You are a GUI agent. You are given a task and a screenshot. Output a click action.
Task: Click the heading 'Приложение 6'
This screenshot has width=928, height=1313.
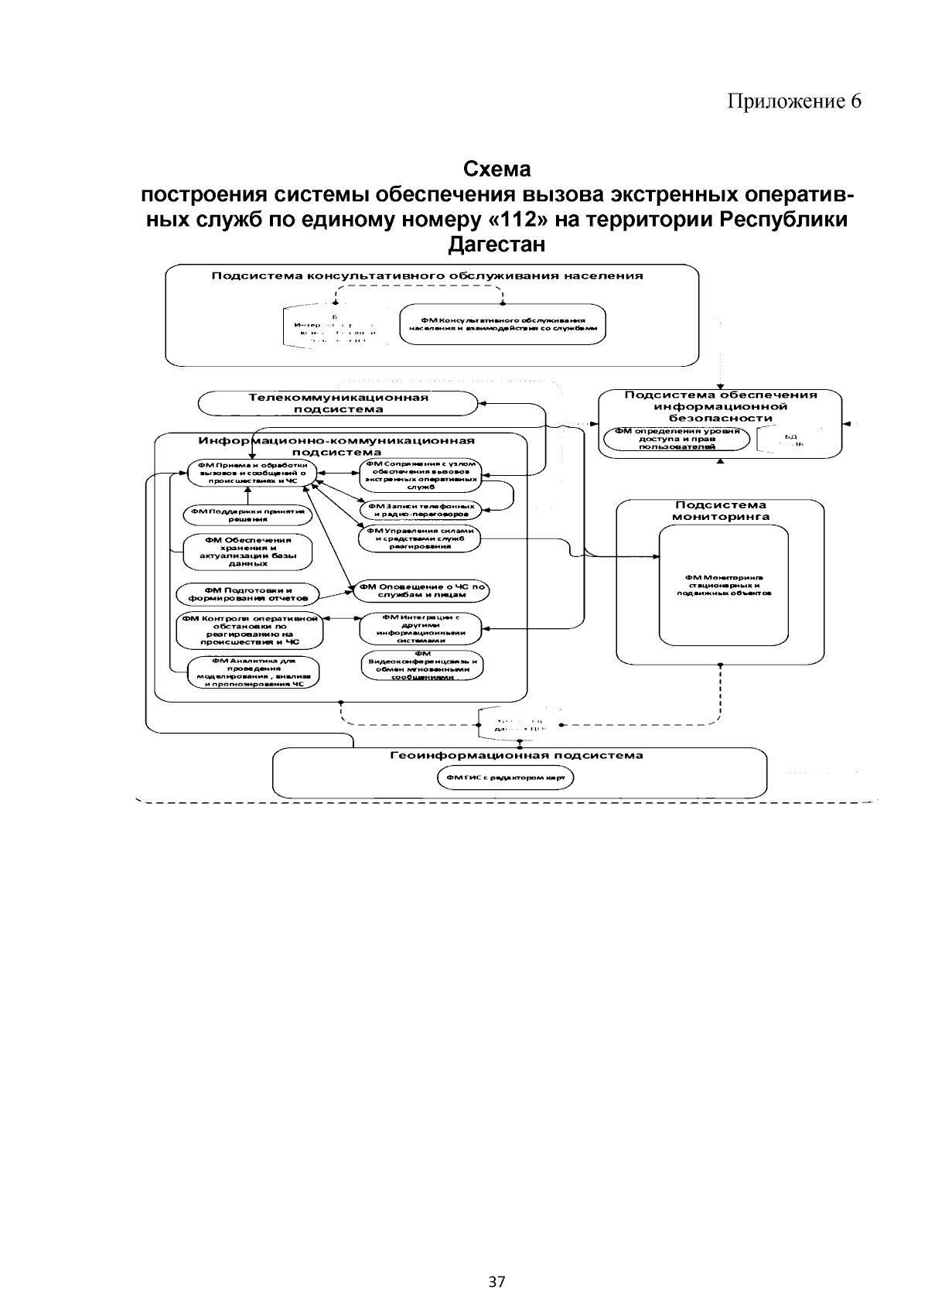coord(793,101)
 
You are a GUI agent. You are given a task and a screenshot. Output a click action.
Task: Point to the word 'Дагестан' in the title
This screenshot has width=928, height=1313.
coord(496,245)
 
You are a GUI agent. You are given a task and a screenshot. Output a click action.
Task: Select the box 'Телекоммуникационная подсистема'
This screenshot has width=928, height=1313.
coord(338,403)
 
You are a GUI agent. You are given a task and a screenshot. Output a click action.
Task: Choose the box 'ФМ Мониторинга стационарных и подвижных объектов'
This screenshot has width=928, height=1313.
coord(724,585)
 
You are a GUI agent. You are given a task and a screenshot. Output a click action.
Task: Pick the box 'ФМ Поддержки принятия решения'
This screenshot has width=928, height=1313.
coord(247,515)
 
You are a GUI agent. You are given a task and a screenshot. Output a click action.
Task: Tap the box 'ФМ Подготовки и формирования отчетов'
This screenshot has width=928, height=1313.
coord(247,594)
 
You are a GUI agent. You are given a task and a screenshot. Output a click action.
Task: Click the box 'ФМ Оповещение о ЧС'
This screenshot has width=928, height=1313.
coord(421,590)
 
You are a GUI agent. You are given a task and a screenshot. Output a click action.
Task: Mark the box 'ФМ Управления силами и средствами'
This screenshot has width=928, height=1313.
coord(419,538)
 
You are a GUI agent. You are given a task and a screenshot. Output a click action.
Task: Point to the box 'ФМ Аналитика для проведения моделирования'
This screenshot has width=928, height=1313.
coord(254,672)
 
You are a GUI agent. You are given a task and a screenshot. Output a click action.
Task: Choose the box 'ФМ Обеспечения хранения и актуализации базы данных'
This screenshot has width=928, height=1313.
coord(247,552)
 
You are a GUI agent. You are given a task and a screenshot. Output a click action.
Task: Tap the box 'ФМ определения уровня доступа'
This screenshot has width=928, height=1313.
coord(677,438)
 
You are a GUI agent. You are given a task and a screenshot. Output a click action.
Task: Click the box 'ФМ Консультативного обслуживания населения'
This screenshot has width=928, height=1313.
coord(503,323)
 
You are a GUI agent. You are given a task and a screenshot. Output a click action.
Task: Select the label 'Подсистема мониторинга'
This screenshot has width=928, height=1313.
coord(720,511)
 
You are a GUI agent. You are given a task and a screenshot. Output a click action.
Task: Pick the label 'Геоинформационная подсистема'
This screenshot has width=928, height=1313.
coord(516,755)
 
